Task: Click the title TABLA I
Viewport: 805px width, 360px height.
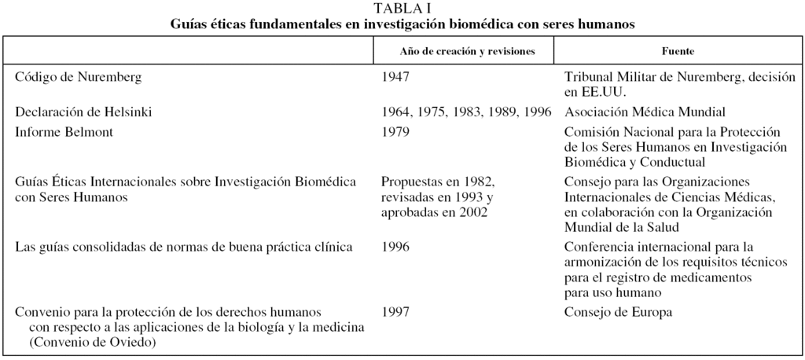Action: [402, 9]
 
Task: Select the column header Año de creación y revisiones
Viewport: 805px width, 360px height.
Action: [467, 51]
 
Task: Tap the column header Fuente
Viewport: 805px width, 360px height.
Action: [678, 51]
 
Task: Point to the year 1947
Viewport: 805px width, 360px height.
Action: [395, 77]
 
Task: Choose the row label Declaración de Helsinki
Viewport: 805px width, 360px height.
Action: [83, 112]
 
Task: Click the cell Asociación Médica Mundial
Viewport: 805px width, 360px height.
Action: [645, 112]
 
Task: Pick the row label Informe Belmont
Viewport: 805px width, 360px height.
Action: [64, 132]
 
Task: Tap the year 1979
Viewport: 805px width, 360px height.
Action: [395, 132]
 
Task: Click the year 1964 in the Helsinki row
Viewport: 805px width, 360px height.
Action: [395, 112]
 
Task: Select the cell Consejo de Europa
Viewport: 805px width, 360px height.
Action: [618, 311]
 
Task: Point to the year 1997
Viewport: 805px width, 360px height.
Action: [395, 311]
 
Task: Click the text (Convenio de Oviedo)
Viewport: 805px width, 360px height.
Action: [92, 342]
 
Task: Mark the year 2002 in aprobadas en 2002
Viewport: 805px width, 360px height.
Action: [472, 212]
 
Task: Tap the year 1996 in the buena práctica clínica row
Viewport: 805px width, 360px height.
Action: [395, 247]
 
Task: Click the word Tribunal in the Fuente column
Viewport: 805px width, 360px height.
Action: [590, 77]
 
